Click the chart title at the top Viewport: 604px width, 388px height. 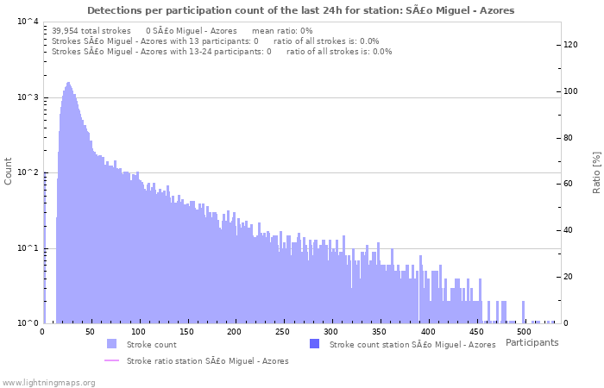point(301,10)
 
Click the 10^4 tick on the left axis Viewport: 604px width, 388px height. point(26,22)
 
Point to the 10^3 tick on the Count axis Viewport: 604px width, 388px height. point(26,97)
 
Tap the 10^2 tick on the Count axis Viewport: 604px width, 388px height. point(26,172)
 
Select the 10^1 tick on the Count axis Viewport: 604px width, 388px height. point(26,248)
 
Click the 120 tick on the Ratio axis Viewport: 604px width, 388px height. point(571,45)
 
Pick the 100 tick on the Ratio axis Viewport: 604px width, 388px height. point(571,91)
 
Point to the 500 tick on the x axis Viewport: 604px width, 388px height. point(522,331)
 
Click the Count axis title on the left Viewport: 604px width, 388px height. point(9,171)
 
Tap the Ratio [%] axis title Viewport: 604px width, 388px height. point(596,171)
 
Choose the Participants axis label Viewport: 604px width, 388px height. point(532,342)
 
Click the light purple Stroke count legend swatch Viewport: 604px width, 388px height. point(111,344)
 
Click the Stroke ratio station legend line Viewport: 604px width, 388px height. point(111,360)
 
